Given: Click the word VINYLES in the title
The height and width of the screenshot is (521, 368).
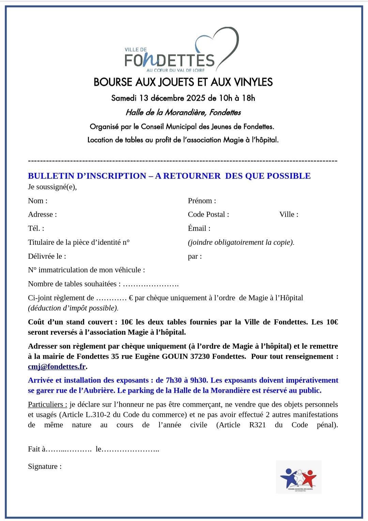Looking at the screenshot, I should click(254, 82).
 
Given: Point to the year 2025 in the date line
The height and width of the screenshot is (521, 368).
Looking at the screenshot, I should click(196, 98).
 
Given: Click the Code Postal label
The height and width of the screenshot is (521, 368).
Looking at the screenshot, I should click(208, 215).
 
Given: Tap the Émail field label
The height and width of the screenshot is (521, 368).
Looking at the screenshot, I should click(199, 228).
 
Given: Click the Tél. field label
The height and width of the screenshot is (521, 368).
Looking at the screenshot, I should click(36, 228).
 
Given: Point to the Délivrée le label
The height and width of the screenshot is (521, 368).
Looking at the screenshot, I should click(47, 256).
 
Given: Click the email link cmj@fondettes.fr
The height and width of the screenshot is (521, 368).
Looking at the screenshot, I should click(57, 367).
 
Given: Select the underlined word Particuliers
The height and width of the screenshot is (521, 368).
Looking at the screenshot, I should click(47, 405).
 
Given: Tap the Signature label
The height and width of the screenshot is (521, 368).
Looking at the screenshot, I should click(45, 467).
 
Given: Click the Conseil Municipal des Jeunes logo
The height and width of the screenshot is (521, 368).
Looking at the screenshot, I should click(298, 477).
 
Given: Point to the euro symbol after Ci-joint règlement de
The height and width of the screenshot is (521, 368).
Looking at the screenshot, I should click(131, 298).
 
